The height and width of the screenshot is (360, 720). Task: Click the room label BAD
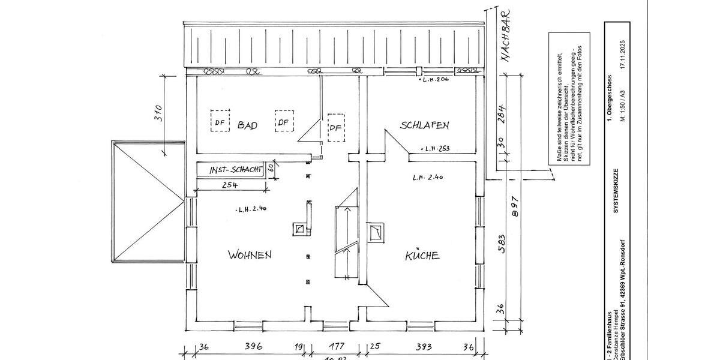point(247,125)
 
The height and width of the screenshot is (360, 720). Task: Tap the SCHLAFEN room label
point(425,125)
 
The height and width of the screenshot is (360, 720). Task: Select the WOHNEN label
point(250,255)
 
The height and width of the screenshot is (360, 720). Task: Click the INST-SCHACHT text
point(236,171)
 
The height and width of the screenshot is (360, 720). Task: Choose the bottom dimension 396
point(254,347)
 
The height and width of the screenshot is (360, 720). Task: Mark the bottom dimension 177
point(337,347)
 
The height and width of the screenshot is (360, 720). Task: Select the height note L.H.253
point(436,148)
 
